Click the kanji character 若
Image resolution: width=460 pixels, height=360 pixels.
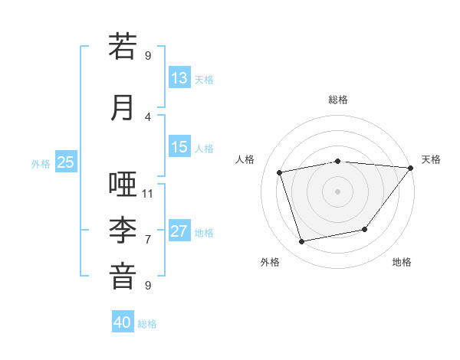(x=123, y=47)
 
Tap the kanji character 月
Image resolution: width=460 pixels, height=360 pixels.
(x=123, y=108)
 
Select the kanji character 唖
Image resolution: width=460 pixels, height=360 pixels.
(x=123, y=185)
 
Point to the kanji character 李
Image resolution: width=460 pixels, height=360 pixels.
(x=123, y=231)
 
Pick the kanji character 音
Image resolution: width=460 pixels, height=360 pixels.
(x=123, y=277)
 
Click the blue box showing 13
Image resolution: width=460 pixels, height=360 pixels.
(x=179, y=78)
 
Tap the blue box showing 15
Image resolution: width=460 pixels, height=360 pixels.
(x=179, y=147)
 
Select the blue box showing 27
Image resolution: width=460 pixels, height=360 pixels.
(x=179, y=231)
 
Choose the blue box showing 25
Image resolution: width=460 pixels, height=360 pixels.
(x=65, y=162)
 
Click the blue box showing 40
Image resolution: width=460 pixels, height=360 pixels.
(x=123, y=323)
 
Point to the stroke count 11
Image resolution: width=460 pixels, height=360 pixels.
(x=148, y=193)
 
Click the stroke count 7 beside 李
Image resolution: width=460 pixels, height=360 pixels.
(x=148, y=239)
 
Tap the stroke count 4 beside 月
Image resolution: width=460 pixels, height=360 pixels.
(x=148, y=116)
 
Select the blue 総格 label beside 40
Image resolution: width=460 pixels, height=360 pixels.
(x=147, y=324)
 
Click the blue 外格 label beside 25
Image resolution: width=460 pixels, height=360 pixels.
(x=41, y=163)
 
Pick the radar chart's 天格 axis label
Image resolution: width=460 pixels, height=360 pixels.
(x=431, y=159)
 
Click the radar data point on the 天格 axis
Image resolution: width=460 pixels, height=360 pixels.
(x=410, y=168)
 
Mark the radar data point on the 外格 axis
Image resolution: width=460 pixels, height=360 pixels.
(x=302, y=241)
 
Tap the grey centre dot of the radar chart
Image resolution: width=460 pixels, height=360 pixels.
(x=337, y=191)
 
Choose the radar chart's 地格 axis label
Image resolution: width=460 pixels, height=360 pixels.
(x=402, y=263)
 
